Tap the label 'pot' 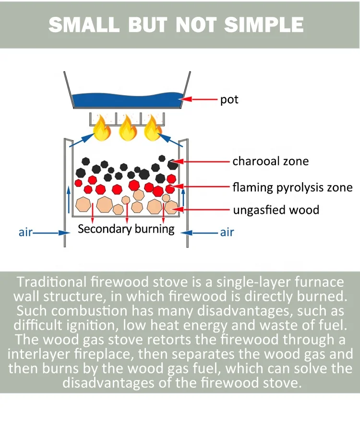pyautogui.click(x=229, y=100)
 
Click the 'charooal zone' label pyautogui.click(x=270, y=161)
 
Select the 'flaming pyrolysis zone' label pyautogui.click(x=292, y=186)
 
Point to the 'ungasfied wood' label pyautogui.click(x=276, y=210)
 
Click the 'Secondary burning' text pyautogui.click(x=126, y=229)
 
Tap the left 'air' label pyautogui.click(x=25, y=233)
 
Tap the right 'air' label pyautogui.click(x=227, y=233)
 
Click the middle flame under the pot pyautogui.click(x=127, y=128)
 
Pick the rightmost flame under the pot pyautogui.click(x=153, y=128)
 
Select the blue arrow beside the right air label pyautogui.click(x=199, y=233)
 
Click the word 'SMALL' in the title pyautogui.click(x=84, y=25)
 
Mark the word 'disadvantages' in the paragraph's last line pyautogui.click(x=112, y=383)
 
